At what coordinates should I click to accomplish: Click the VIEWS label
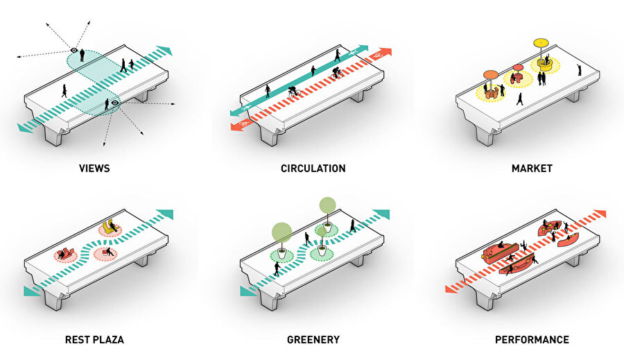pos(94,168)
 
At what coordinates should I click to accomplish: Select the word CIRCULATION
pos(313,168)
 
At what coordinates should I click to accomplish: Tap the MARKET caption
pos(532,168)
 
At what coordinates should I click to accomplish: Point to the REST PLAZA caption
pos(94,340)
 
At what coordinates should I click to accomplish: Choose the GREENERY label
pos(313,340)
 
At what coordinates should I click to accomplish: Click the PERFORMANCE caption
pos(532,340)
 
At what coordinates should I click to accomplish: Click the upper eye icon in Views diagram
pos(74,50)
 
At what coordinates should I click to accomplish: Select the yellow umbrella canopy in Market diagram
pos(541,42)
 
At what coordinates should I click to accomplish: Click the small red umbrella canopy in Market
pos(517,68)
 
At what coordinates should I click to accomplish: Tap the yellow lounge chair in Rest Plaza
pos(109,225)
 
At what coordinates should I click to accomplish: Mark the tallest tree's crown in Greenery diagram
pos(326,204)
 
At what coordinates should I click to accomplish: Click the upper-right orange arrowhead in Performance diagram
pos(599,214)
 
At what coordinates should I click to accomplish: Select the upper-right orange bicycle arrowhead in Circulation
pos(385,51)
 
